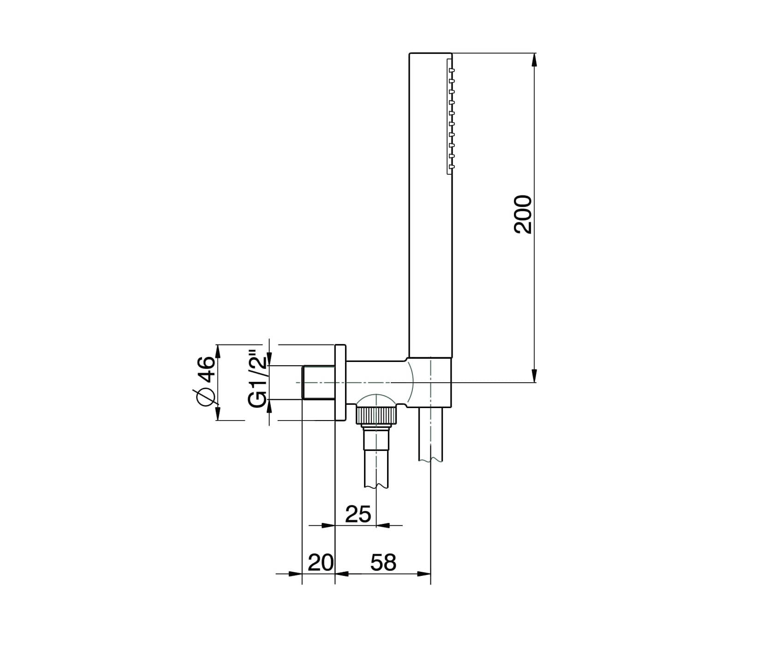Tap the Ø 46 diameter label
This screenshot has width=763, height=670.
pos(206,382)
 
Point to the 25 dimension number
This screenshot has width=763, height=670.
pos(358,514)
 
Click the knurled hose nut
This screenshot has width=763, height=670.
pos(376,415)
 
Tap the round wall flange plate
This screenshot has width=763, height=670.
pos(340,382)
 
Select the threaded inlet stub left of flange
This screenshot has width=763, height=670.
pos(318,382)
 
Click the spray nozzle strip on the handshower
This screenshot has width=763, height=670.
pos(450,116)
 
